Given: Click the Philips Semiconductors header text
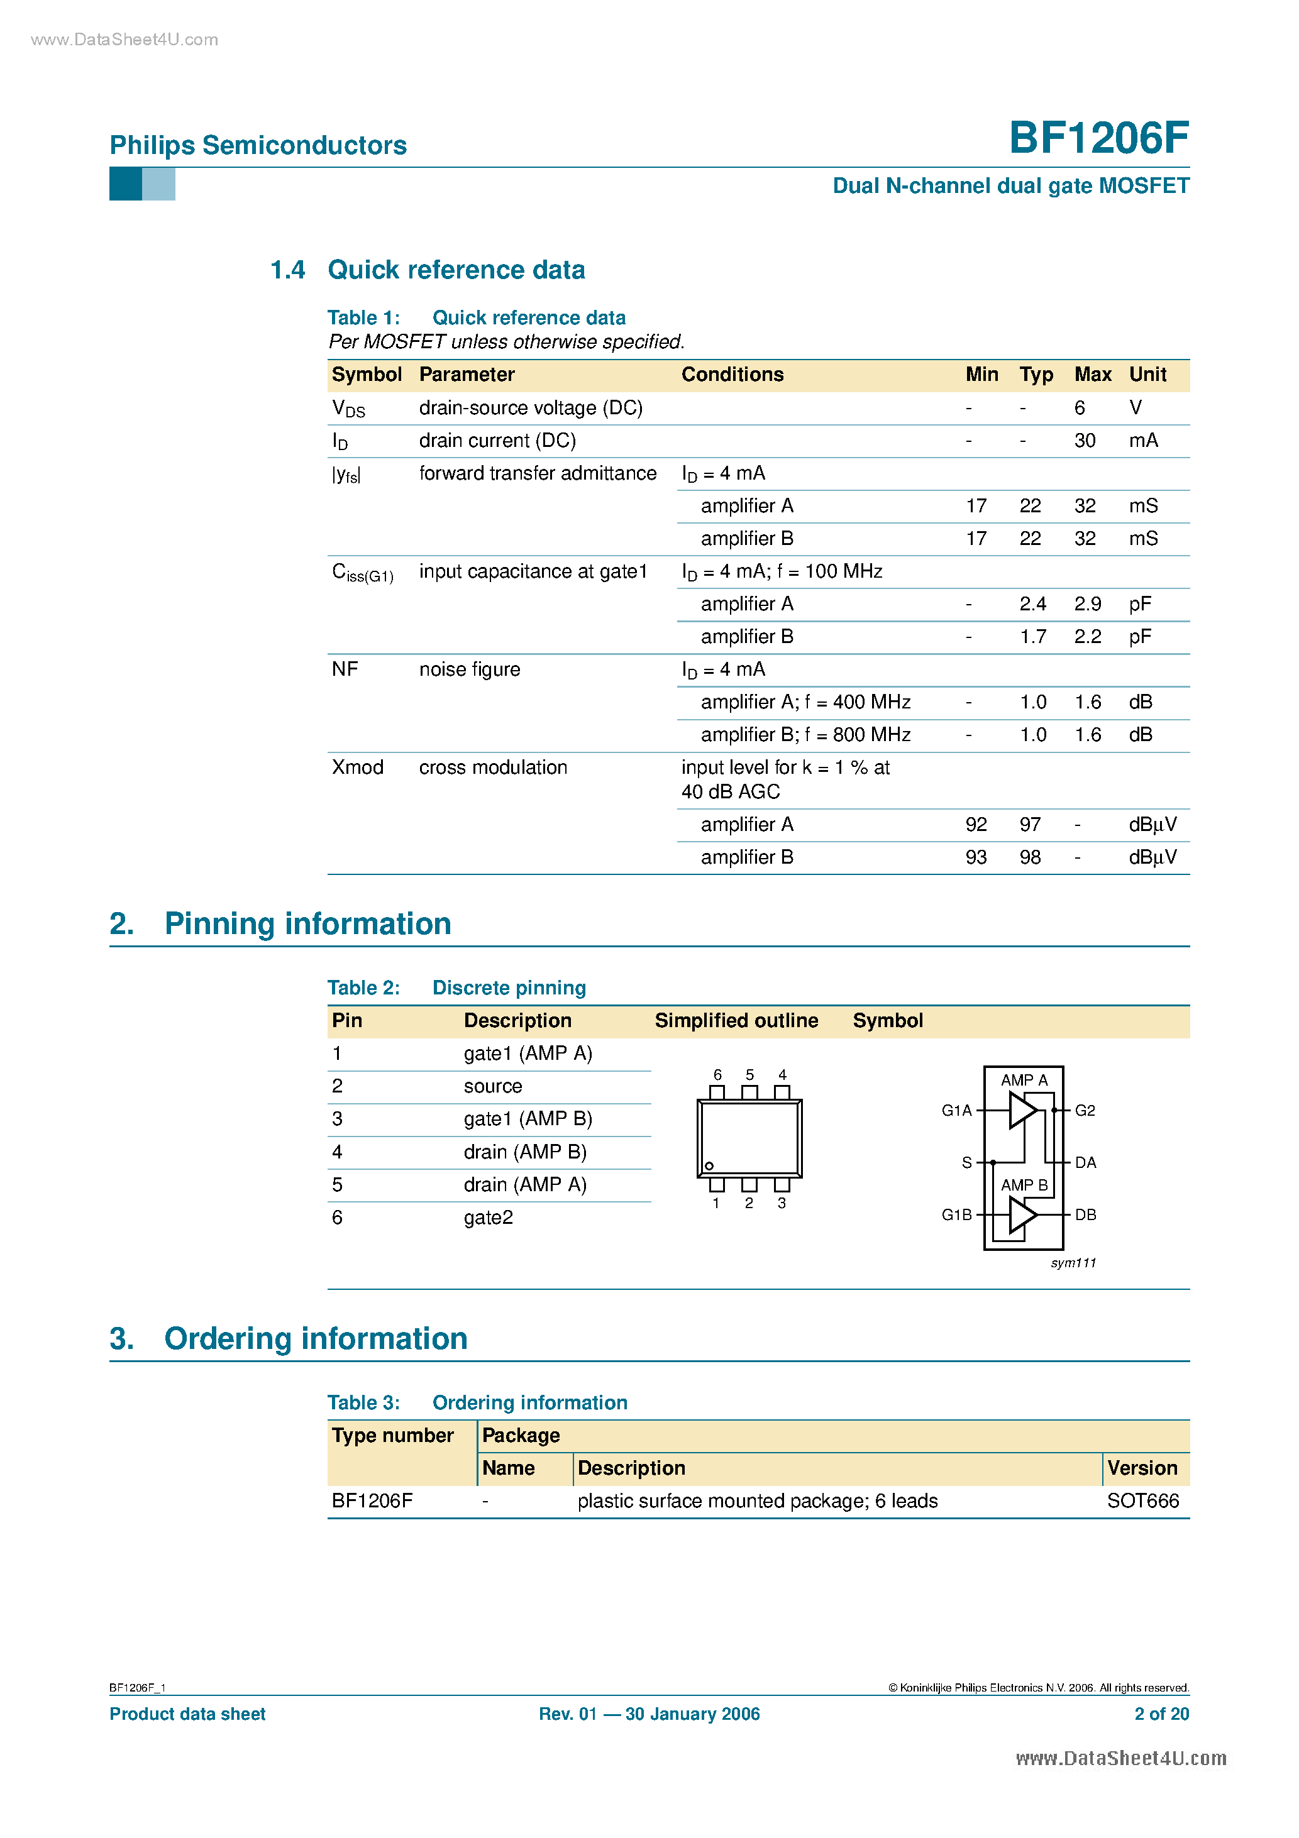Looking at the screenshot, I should tap(258, 145).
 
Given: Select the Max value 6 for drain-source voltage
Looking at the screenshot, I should tap(1079, 408).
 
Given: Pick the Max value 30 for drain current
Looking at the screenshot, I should tap(1085, 441).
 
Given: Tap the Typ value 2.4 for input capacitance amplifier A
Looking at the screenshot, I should tap(1032, 605).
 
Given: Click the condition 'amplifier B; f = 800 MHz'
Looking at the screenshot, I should tap(805, 735).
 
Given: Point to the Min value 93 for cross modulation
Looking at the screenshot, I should tap(975, 857).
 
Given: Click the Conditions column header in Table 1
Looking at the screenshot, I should tap(732, 375).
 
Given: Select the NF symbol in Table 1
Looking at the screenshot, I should tap(345, 669).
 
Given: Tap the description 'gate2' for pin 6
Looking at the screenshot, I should tap(488, 1218).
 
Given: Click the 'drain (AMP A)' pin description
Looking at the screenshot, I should tap(524, 1185).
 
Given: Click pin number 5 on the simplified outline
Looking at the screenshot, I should tap(749, 1075).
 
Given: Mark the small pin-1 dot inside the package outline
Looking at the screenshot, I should tap(709, 1165).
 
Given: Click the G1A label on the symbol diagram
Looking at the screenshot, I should tap(956, 1110).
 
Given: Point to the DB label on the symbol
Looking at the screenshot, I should tap(1085, 1214).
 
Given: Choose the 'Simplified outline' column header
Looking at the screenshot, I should tap(736, 1021).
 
